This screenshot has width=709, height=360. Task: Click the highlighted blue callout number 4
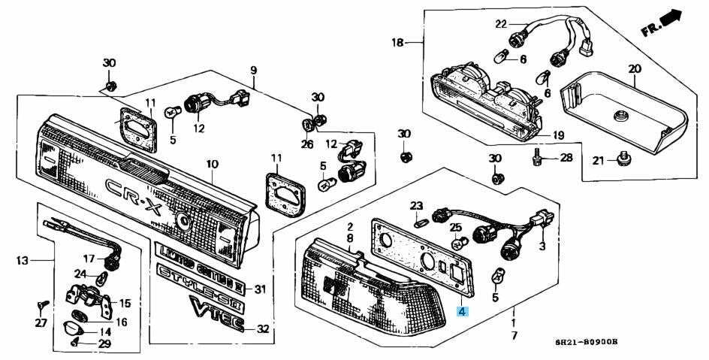(463, 310)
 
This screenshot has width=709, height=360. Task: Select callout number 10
(212, 163)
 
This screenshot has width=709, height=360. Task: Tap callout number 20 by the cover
(634, 69)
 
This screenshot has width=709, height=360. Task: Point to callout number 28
(566, 158)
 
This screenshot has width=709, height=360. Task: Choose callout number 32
(262, 329)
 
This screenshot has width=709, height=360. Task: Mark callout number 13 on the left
(23, 261)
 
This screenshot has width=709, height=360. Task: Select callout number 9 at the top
(253, 70)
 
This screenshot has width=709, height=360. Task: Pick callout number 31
(260, 289)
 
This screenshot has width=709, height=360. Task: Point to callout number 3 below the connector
(543, 246)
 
